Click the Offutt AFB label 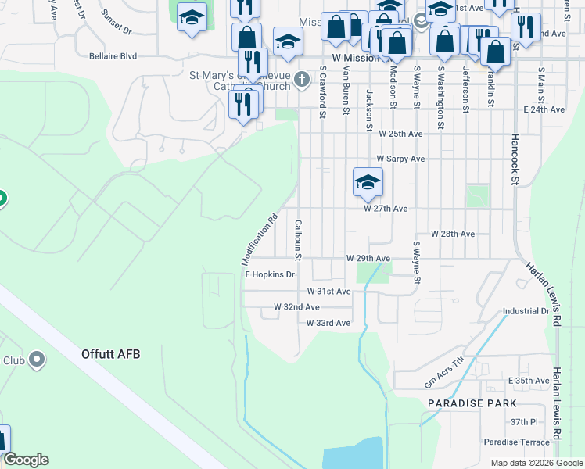click(x=110, y=354)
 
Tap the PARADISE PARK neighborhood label click(x=472, y=403)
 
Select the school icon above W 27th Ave click(x=367, y=183)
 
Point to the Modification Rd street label click(x=260, y=240)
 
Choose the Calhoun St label click(x=298, y=239)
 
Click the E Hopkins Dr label click(x=270, y=274)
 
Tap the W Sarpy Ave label click(x=400, y=159)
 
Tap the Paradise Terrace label click(x=516, y=442)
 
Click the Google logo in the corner click(x=25, y=460)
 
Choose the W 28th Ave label click(x=452, y=234)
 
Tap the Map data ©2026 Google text click(x=536, y=463)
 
